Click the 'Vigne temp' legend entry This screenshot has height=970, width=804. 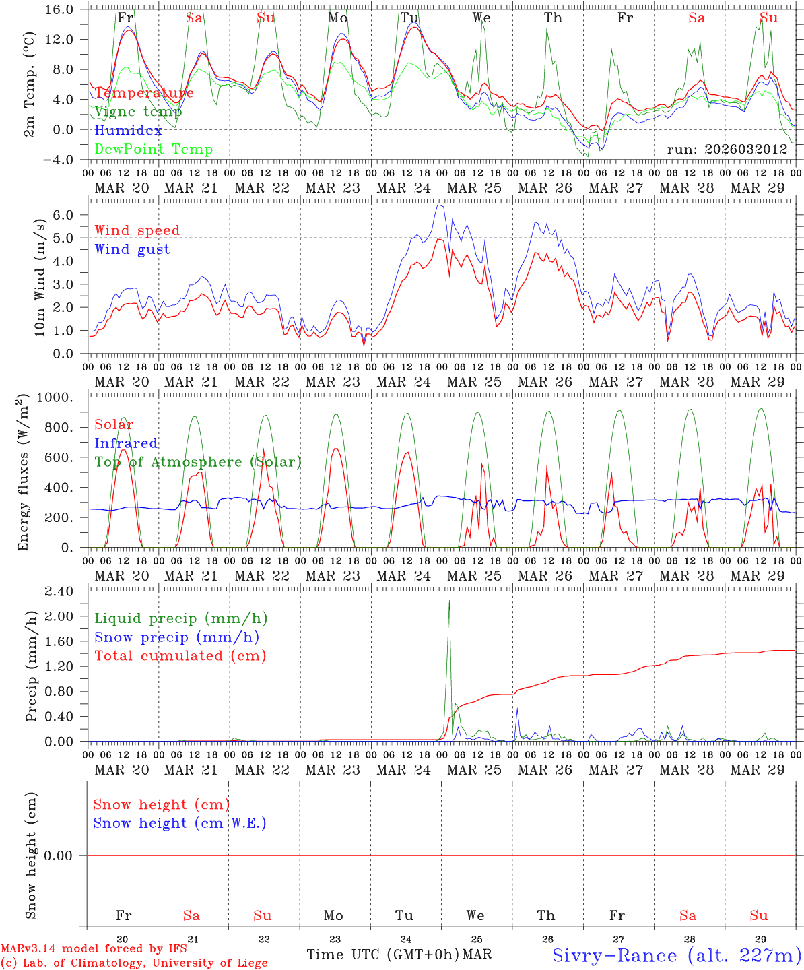click(138, 112)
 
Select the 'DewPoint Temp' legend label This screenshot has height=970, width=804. click(154, 150)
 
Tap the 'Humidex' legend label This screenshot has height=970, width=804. click(128, 131)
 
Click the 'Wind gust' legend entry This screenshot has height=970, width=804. click(132, 249)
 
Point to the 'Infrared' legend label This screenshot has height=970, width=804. click(126, 443)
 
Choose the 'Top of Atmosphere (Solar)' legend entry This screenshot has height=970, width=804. click(197, 462)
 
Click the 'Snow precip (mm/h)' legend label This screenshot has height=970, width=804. click(176, 637)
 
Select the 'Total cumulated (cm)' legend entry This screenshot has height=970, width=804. click(180, 656)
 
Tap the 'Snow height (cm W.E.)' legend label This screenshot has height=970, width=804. click(179, 823)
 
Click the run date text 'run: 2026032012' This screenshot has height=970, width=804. click(727, 150)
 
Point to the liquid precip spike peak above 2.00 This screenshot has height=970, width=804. click(449, 601)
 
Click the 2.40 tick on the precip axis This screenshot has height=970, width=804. click(59, 591)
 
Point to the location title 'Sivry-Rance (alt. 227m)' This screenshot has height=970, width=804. click(676, 955)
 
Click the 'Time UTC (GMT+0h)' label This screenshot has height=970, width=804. click(382, 955)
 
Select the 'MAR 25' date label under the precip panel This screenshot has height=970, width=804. click(475, 769)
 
